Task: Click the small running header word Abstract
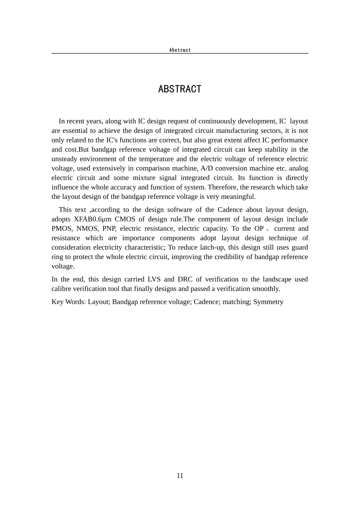[x=180, y=50]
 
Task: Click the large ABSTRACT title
[x=180, y=89]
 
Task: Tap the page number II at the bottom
[x=180, y=476]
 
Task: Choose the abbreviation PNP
[x=109, y=229]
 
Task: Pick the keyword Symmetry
[x=268, y=302]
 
